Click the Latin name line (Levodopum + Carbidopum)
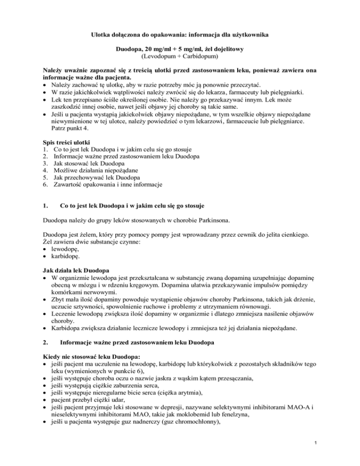(180, 56)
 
